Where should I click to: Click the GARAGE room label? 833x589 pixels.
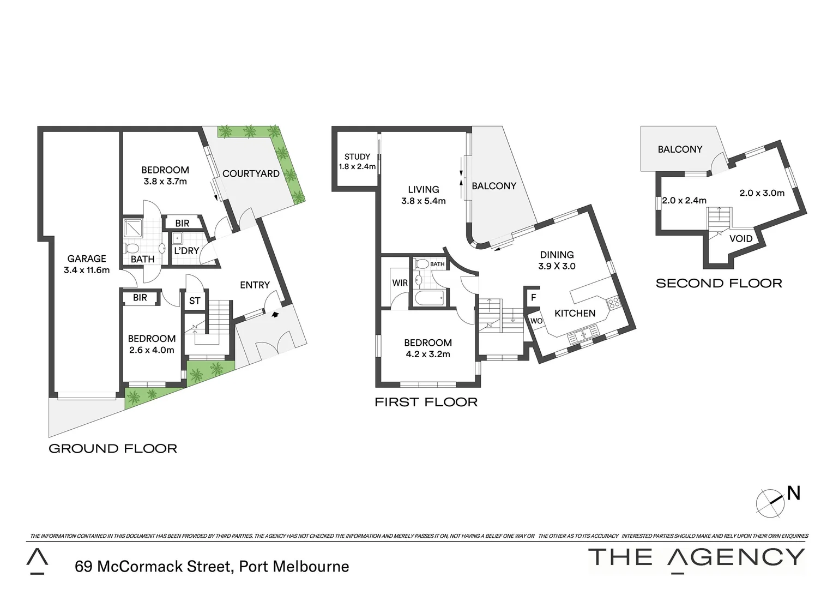click(x=87, y=259)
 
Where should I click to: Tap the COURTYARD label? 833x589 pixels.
click(x=251, y=173)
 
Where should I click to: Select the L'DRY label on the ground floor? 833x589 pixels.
click(x=186, y=251)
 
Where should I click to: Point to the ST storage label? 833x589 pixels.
click(x=195, y=301)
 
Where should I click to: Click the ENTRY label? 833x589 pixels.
click(x=255, y=285)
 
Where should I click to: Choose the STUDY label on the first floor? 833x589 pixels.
click(x=357, y=157)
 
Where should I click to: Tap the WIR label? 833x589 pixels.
click(x=400, y=283)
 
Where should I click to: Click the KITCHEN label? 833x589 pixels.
click(x=575, y=313)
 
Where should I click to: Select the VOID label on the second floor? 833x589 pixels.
click(x=741, y=238)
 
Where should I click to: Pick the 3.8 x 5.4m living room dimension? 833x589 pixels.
click(x=424, y=201)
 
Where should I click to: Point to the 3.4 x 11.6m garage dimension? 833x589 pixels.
click(x=87, y=270)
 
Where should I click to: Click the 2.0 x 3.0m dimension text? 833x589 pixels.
click(x=762, y=193)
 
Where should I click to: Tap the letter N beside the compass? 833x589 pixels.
click(x=794, y=493)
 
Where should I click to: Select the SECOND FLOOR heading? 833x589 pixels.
click(x=719, y=283)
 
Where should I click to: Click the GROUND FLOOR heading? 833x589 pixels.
click(x=113, y=448)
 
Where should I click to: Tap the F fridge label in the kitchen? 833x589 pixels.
click(x=533, y=298)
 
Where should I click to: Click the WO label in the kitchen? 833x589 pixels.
click(x=536, y=321)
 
